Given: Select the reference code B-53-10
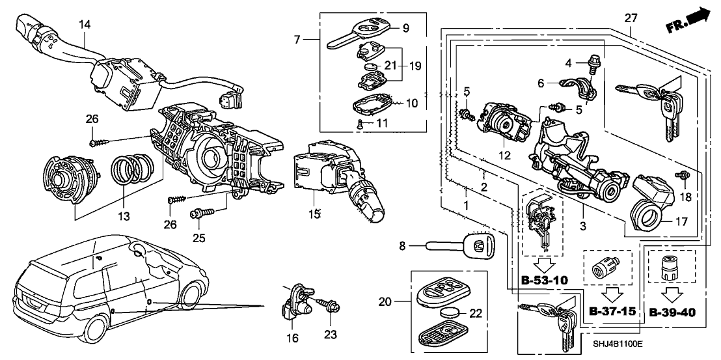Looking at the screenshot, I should pyautogui.click(x=545, y=281).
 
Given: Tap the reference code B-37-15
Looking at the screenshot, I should pyautogui.click(x=612, y=312).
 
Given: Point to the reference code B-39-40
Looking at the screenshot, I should pyautogui.click(x=673, y=312).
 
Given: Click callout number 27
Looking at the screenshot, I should pyautogui.click(x=630, y=18).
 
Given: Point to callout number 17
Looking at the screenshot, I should pyautogui.click(x=681, y=221).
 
